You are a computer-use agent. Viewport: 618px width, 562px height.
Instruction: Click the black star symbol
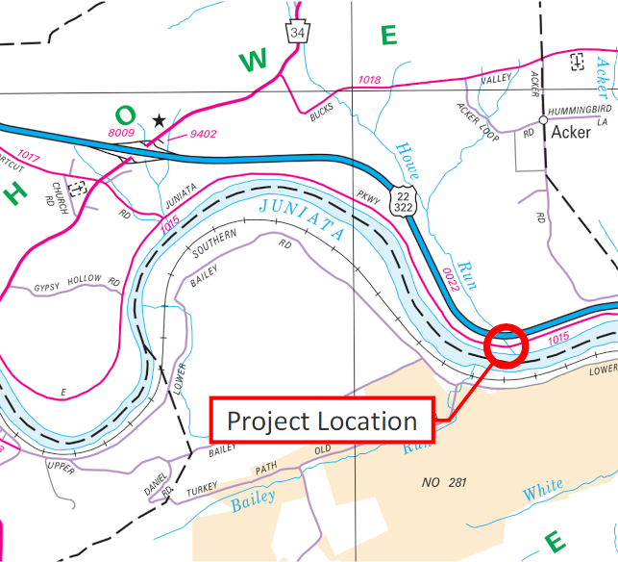point(159,119)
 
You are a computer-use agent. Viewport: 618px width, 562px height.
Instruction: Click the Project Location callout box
point(322,421)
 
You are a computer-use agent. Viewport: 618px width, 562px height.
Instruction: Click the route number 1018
point(369,80)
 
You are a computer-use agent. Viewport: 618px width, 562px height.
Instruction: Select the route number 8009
point(122,132)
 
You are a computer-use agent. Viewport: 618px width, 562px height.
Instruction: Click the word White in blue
point(543,491)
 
